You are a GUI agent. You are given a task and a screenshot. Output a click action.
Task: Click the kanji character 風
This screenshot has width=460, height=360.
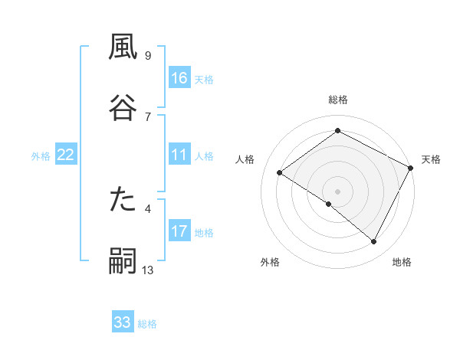(x=123, y=47)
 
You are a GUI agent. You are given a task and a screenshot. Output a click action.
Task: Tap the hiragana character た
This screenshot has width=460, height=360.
(x=123, y=201)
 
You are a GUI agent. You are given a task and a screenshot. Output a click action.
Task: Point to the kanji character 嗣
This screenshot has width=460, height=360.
(x=123, y=261)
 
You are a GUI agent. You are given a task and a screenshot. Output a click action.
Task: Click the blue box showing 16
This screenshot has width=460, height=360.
(x=179, y=78)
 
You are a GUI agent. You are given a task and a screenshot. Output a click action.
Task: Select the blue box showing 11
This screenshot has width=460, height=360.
(x=179, y=155)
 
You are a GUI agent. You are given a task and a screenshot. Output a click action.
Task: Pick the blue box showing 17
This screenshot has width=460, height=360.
(x=179, y=231)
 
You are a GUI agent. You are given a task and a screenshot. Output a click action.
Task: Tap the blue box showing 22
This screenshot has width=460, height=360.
(x=66, y=155)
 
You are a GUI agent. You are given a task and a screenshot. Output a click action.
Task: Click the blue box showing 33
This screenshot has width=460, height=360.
(x=123, y=322)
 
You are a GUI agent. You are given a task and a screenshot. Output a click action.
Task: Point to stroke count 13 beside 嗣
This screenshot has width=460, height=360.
(x=148, y=270)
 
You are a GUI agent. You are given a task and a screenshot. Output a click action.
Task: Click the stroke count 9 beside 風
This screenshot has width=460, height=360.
(x=147, y=55)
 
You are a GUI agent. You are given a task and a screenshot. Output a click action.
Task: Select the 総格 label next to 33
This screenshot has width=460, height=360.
(x=148, y=323)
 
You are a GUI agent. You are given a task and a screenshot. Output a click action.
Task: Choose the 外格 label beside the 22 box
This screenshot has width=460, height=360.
(x=41, y=155)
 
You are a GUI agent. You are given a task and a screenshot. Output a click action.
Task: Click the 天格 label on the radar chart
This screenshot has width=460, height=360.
(x=431, y=159)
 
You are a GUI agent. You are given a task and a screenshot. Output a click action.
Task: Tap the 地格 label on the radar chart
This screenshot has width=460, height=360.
(x=402, y=262)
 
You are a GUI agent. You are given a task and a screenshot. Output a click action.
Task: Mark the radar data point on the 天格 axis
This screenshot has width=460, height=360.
(x=411, y=167)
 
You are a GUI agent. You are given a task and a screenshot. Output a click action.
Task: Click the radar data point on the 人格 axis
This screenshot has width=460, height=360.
(x=280, y=172)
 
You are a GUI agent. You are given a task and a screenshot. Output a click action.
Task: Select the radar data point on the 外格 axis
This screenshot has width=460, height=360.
(x=329, y=204)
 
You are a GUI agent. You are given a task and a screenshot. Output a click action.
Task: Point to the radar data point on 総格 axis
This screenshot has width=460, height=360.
(x=337, y=131)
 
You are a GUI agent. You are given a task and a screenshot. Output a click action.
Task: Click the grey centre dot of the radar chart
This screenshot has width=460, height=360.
(x=337, y=191)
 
